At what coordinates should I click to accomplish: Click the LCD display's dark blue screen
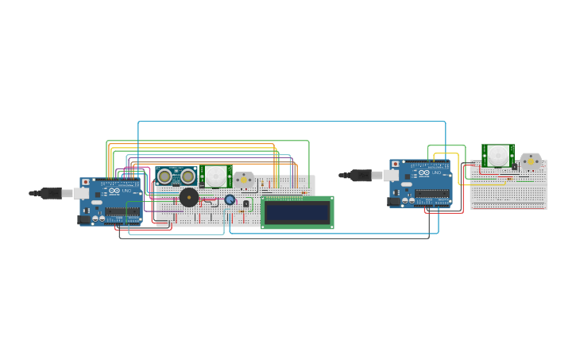click(297, 212)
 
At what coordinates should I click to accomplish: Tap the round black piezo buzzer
click(188, 197)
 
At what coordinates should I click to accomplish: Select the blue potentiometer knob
click(230, 199)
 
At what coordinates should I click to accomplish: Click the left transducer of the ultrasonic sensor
click(164, 176)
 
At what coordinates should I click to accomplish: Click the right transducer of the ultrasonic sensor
click(187, 176)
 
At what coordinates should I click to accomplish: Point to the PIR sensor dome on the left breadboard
click(215, 176)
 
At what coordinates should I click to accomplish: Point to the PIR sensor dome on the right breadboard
click(498, 155)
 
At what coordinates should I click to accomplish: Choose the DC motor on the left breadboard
click(243, 181)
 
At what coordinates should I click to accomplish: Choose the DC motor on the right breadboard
click(531, 161)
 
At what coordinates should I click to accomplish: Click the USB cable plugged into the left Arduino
click(52, 193)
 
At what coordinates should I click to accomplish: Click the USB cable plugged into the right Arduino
click(362, 175)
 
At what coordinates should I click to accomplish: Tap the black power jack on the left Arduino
click(83, 219)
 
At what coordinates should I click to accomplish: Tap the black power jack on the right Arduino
click(393, 201)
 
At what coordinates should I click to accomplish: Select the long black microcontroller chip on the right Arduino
click(432, 193)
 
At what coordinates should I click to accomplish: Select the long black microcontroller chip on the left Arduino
click(122, 211)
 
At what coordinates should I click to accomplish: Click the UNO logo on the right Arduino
click(435, 173)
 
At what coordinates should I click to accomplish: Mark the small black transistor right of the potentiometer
click(245, 203)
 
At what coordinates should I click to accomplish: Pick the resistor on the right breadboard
click(508, 179)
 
